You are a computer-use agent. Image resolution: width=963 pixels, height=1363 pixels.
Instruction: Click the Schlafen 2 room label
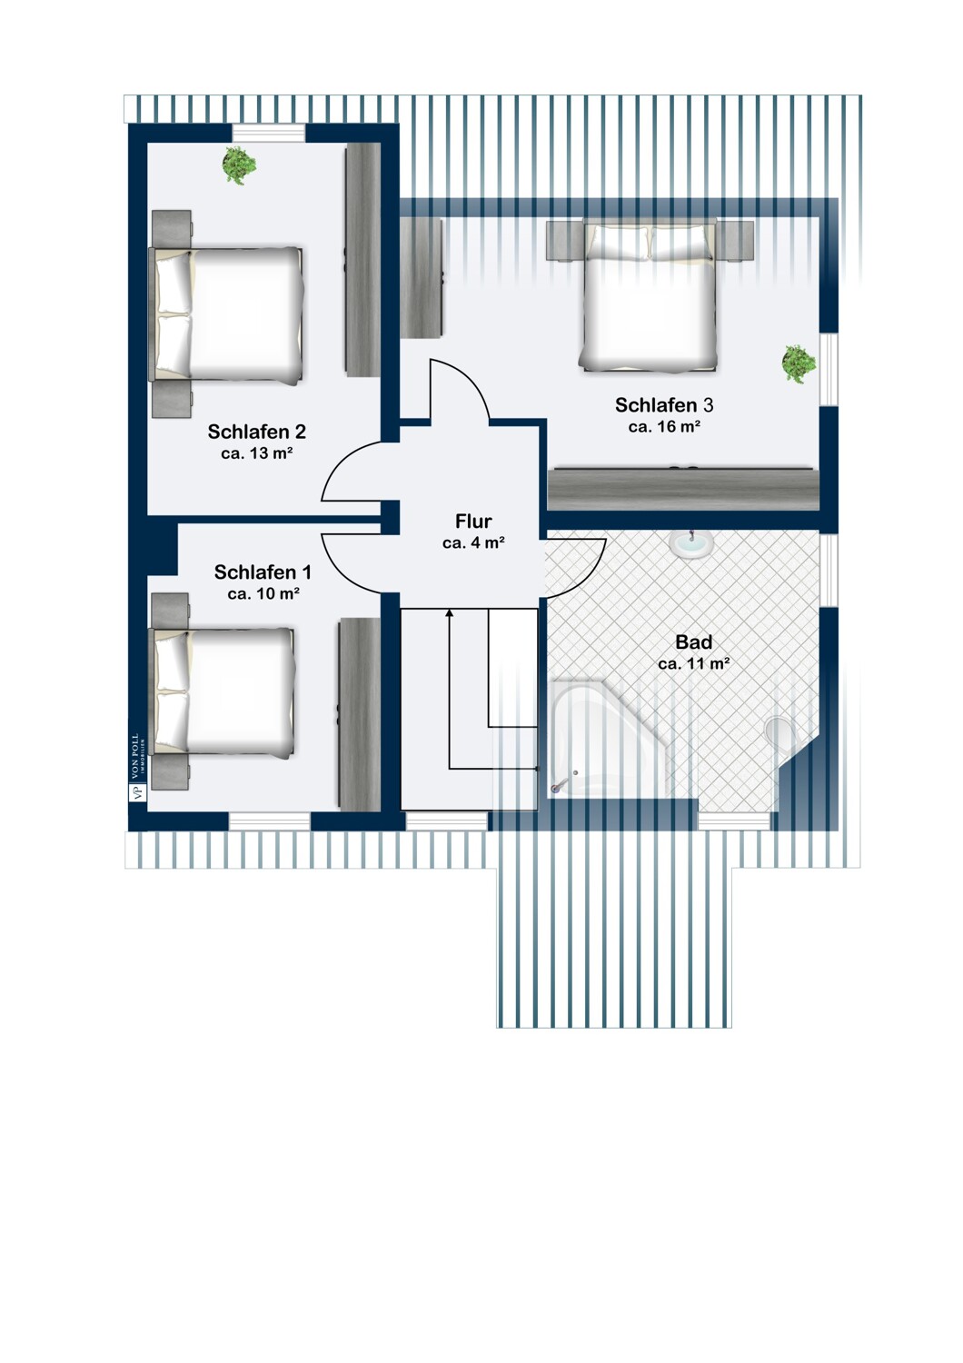click(257, 432)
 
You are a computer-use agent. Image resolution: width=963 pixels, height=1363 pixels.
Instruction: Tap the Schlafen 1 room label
click(263, 572)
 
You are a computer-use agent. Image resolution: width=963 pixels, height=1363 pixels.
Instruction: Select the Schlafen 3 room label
click(664, 404)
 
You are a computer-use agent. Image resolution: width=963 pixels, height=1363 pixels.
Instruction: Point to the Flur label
click(473, 522)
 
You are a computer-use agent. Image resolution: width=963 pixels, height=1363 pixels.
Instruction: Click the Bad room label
click(693, 642)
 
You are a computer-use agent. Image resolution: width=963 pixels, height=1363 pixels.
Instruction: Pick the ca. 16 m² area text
click(664, 426)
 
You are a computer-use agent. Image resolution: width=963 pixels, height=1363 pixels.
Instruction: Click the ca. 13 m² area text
click(257, 453)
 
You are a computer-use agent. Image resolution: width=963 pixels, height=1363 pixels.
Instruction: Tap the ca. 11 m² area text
click(694, 664)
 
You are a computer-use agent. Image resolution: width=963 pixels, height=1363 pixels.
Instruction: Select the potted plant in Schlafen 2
click(238, 164)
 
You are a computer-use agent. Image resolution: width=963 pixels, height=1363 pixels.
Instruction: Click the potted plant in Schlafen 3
click(799, 363)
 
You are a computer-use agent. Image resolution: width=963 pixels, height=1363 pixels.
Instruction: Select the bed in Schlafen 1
click(223, 691)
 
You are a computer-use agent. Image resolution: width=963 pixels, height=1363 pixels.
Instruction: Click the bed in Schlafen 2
click(226, 315)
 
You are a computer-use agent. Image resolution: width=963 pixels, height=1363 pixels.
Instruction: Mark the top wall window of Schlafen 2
click(268, 132)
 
